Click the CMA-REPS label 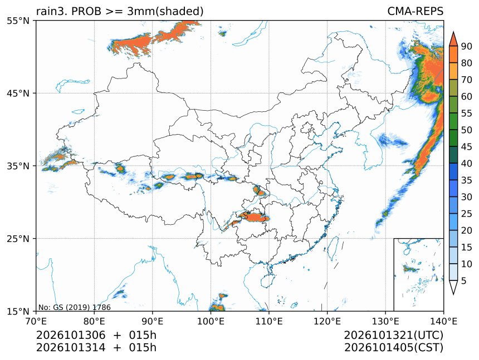415,11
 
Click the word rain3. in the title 52,11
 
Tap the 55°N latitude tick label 18,21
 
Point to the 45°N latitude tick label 18,93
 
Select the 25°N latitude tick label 18,238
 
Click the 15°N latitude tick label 18,311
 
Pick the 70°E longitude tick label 36,321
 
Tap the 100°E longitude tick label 211,321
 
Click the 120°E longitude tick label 327,321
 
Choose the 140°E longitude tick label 443,321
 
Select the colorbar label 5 464,280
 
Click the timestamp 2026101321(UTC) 393,335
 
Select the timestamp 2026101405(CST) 393,348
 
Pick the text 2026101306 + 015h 96,335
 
